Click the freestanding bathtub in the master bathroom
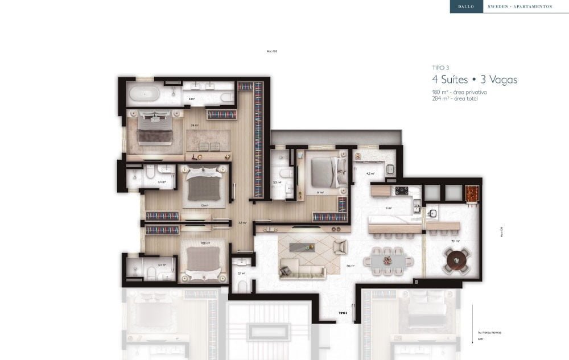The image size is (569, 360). tap(142, 93)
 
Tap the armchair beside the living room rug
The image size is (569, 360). tap(340, 246)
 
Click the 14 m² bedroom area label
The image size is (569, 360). tap(320, 193)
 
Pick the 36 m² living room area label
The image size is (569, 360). tap(351, 266)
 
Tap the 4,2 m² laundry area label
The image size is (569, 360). tap(370, 173)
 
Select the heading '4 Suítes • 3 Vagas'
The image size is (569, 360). tap(475, 80)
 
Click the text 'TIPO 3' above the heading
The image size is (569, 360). tap(440, 68)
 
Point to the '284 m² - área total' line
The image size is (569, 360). tap(455, 98)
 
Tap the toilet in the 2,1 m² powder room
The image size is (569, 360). tap(241, 285)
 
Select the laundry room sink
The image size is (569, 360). tap(391, 169)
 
